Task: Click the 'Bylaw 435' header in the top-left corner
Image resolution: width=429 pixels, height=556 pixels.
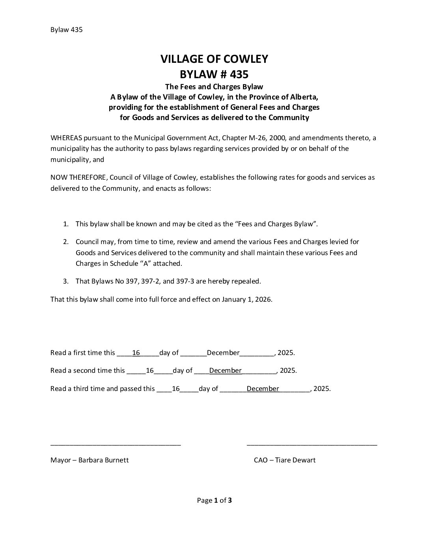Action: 66,30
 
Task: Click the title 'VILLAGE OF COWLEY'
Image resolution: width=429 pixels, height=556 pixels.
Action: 214,59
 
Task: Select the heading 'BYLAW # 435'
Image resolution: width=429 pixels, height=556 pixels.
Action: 214,74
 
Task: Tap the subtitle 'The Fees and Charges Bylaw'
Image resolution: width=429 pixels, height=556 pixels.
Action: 214,86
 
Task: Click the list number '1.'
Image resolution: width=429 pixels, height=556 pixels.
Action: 66,224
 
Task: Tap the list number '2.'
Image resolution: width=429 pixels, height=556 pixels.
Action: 66,242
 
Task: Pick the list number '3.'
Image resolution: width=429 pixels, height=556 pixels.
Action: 66,282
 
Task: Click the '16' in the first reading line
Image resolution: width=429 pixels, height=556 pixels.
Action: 136,353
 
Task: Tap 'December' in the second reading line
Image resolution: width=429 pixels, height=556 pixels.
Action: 225,370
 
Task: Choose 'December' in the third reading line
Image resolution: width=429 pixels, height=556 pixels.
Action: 263,389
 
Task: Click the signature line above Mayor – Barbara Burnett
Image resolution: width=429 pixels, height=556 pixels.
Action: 116,445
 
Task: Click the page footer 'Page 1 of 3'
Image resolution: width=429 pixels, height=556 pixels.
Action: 214,501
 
